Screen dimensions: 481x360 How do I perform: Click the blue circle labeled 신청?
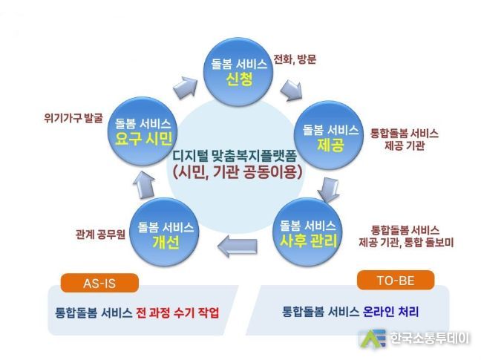[239, 72]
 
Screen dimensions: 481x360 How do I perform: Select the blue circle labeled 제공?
[329, 135]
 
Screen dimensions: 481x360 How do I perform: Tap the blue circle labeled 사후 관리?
[307, 232]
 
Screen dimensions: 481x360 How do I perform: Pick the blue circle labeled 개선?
[165, 232]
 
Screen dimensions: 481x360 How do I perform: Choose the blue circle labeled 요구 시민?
[143, 131]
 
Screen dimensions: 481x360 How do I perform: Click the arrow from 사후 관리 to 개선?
[237, 244]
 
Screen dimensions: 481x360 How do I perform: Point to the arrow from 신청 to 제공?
[291, 90]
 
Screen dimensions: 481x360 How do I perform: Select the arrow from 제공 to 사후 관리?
[328, 190]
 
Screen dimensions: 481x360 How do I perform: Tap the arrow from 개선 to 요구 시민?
[144, 185]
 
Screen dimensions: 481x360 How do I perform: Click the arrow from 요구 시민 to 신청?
[185, 87]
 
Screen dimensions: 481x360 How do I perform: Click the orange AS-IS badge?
[99, 283]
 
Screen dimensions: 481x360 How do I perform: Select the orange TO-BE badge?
[396, 281]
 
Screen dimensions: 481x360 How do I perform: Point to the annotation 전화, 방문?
[295, 59]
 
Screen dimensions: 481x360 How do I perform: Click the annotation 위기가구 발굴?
[73, 118]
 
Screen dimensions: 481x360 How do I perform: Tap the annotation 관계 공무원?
[100, 235]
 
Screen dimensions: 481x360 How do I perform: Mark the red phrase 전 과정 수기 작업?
[177, 312]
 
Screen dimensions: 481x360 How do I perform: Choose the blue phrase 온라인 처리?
[390, 312]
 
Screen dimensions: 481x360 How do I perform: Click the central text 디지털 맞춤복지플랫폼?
[235, 155]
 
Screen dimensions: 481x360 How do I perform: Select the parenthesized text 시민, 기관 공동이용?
[238, 172]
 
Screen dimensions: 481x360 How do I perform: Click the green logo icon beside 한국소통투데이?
[372, 338]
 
